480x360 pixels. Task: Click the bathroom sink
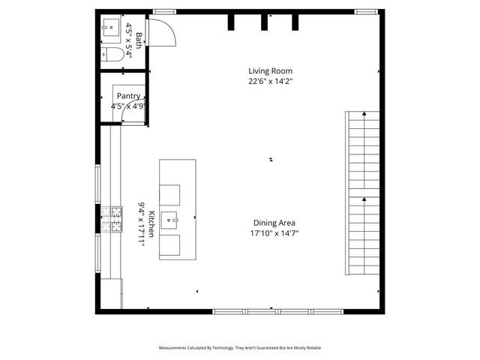[x=111, y=28]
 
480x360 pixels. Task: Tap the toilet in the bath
[x=112, y=54]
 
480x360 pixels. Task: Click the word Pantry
[x=128, y=96]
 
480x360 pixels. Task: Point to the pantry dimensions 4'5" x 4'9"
[x=127, y=106]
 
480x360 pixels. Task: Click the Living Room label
[x=271, y=71]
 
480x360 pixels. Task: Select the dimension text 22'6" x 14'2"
[x=271, y=82]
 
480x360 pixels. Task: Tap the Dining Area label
[x=273, y=223]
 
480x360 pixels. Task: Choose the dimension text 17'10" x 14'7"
[x=274, y=233]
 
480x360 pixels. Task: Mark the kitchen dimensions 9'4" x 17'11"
[x=140, y=224]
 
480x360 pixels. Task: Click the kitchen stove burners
[x=112, y=220]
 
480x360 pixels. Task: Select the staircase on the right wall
[x=364, y=193]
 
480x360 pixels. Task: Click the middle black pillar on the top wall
[x=264, y=22]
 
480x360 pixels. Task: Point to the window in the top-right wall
[x=365, y=12]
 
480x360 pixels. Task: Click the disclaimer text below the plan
[x=239, y=348]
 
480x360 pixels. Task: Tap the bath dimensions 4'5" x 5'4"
[x=133, y=41]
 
